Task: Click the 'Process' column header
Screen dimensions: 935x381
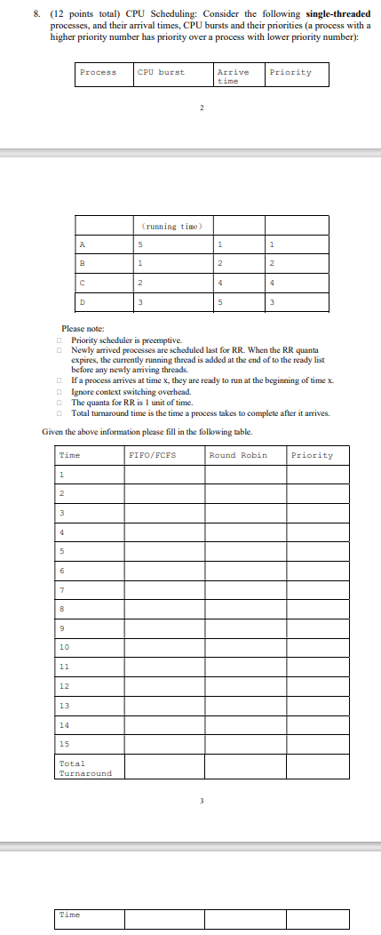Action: click(98, 72)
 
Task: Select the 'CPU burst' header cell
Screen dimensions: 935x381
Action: click(161, 72)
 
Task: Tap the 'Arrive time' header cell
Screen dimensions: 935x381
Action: click(233, 76)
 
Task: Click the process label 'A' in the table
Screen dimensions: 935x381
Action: click(83, 244)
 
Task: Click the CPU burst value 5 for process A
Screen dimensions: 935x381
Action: click(140, 244)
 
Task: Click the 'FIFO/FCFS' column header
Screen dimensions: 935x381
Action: click(152, 455)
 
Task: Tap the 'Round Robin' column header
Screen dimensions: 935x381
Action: click(237, 455)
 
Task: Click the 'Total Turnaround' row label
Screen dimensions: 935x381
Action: click(85, 768)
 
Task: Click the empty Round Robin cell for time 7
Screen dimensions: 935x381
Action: click(245, 591)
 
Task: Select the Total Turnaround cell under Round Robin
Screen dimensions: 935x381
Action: click(245, 768)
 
